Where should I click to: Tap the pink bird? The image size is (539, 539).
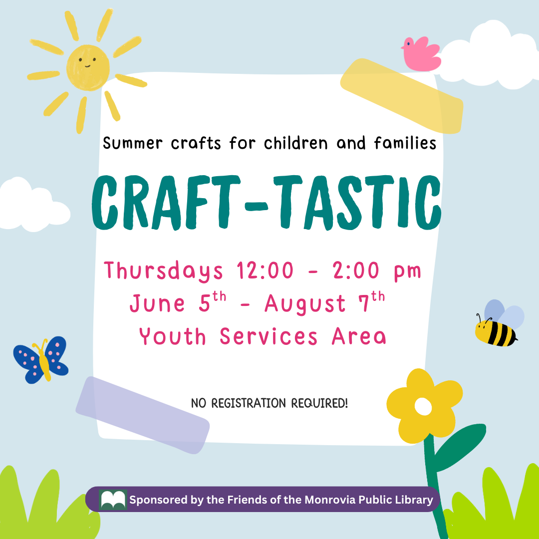coord(423,54)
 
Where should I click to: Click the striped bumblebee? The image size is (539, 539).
coord(496,332)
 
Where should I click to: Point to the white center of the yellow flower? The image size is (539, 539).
coord(423,407)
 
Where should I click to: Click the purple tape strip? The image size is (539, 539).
coord(142,415)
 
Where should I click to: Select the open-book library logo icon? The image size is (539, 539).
coord(113,500)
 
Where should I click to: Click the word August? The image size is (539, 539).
coord(305,304)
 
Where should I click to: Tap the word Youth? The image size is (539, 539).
coord(173,337)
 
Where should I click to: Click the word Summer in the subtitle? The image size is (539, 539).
coord(133,144)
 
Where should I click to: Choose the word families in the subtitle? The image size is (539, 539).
coord(405,144)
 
